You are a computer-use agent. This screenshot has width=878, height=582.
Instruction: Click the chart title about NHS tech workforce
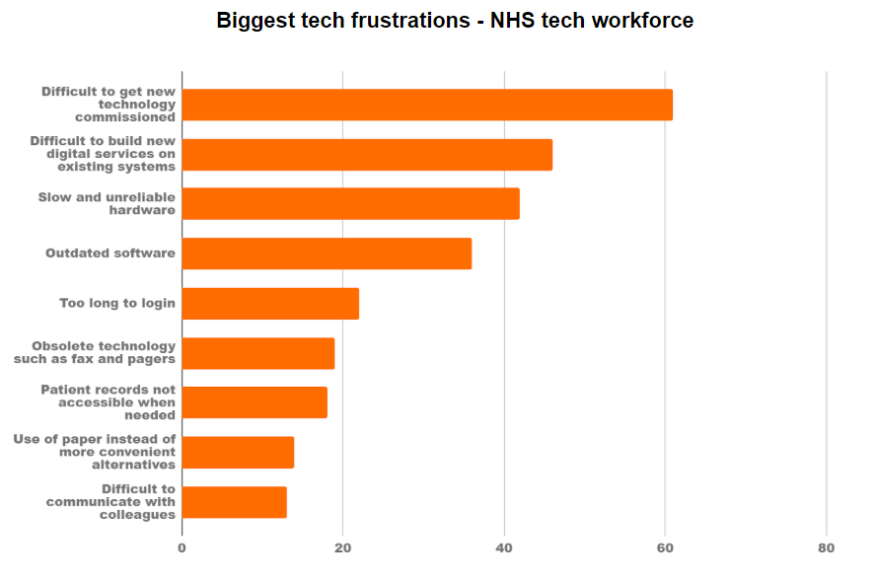pyautogui.click(x=455, y=21)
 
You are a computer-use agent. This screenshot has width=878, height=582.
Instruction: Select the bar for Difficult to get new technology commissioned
pyautogui.click(x=427, y=105)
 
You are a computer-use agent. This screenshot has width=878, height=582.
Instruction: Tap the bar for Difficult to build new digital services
pyautogui.click(x=367, y=155)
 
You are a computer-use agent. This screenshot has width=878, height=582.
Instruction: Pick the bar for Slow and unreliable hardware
pyautogui.click(x=350, y=204)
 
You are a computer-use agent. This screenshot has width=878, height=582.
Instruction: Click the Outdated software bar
pyautogui.click(x=327, y=254)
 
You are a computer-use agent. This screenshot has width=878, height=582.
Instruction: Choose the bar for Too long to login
pyautogui.click(x=270, y=304)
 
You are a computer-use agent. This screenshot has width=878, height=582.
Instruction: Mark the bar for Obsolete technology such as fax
pyautogui.click(x=258, y=353)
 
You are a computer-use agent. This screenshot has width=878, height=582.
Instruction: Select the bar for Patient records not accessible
pyautogui.click(x=255, y=402)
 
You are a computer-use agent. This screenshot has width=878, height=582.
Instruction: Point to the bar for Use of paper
pyautogui.click(x=238, y=453)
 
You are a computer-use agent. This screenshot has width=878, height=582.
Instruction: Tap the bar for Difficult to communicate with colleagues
pyautogui.click(x=234, y=502)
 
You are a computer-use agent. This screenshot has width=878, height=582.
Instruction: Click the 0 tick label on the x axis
pyautogui.click(x=182, y=548)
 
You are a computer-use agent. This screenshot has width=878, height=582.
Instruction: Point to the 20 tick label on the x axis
pyautogui.click(x=342, y=548)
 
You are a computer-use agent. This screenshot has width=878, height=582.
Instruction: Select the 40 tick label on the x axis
pyautogui.click(x=504, y=548)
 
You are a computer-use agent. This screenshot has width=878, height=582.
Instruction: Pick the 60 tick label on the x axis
pyautogui.click(x=665, y=548)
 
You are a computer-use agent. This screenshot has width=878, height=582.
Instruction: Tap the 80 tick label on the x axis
pyautogui.click(x=826, y=548)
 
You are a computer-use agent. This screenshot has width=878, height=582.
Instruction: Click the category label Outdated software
pyautogui.click(x=110, y=254)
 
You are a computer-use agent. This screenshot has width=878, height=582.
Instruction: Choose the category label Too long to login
pyautogui.click(x=117, y=303)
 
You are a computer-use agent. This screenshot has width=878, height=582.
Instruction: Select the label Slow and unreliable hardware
pyautogui.click(x=107, y=203)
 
